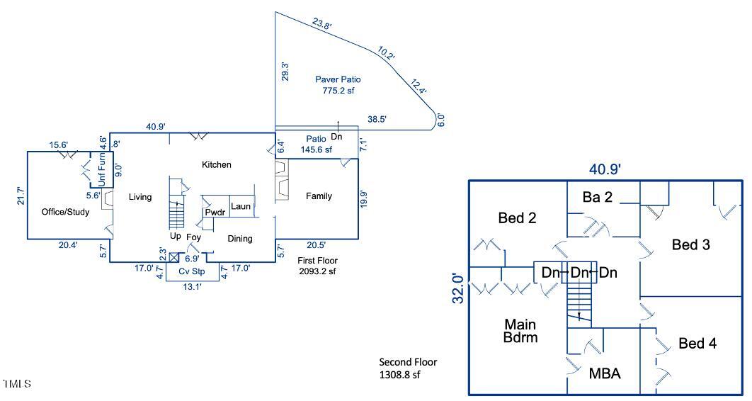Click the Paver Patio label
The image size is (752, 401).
(x=338, y=79)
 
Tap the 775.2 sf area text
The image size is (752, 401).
(x=338, y=91)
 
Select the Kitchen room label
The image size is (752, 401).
(x=217, y=164)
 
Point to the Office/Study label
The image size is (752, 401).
(x=66, y=212)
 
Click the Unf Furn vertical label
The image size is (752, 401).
(x=102, y=171)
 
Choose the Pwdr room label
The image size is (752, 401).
(x=215, y=213)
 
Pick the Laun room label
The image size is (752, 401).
(x=241, y=207)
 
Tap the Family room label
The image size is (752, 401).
(x=319, y=196)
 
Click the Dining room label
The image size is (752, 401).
(x=240, y=239)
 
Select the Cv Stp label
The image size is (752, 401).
(x=191, y=271)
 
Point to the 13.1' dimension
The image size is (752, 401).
(x=191, y=288)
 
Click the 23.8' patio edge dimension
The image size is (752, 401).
(x=322, y=24)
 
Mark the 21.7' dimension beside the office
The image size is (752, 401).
(x=21, y=196)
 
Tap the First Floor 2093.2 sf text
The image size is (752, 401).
(x=317, y=266)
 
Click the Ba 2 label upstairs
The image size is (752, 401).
(x=597, y=197)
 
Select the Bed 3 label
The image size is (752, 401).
(x=691, y=244)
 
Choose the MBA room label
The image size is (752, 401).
(x=605, y=373)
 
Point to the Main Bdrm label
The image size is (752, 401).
(x=520, y=331)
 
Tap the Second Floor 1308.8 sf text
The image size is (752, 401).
(x=409, y=368)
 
